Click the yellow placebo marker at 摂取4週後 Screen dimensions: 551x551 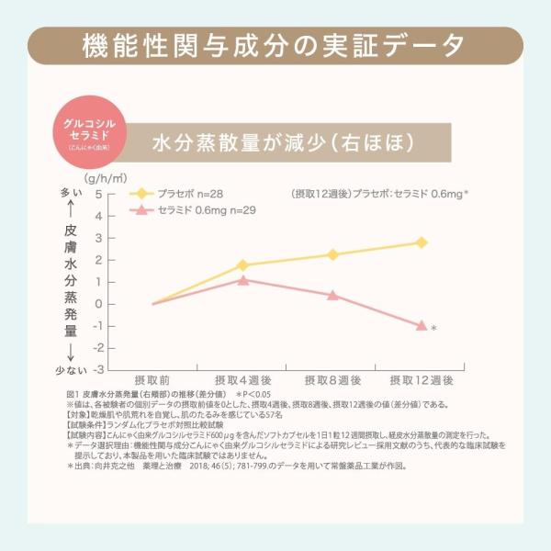[242, 264]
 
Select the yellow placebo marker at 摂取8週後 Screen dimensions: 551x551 [332, 254]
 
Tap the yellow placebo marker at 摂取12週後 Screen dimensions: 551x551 [422, 242]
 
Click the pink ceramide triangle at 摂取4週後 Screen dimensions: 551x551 [242, 280]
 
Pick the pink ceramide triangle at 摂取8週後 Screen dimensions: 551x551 [332, 295]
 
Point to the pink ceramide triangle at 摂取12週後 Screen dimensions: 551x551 [422, 325]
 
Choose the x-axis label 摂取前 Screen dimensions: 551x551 [152, 379]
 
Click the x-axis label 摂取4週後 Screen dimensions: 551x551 [242, 379]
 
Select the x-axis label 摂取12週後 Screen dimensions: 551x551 [422, 379]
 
